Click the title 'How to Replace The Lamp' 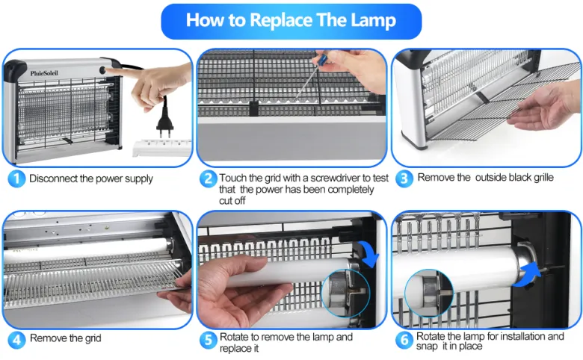(x=291, y=20)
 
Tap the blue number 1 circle (x=16, y=179)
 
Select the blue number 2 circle (x=209, y=179)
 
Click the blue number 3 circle (x=404, y=179)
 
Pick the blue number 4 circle (x=16, y=340)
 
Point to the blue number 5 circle (x=209, y=340)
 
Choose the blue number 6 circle (x=404, y=340)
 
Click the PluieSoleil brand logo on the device (x=44, y=73)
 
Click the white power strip (x=162, y=147)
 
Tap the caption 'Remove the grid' (x=66, y=338)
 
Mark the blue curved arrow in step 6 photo (x=526, y=274)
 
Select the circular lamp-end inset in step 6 (x=429, y=294)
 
